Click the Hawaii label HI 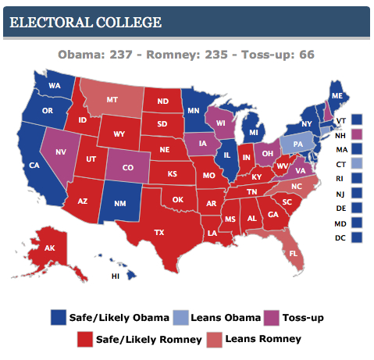116,276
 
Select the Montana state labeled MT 112,100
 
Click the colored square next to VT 357,119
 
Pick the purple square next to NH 357,134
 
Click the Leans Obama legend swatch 180,317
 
